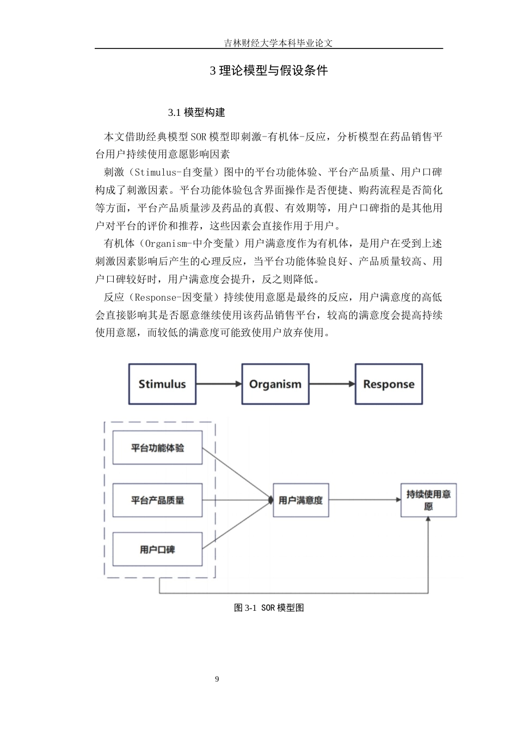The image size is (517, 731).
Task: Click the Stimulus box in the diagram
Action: click(162, 384)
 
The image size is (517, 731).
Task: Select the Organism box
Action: click(275, 384)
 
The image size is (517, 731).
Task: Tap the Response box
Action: click(389, 384)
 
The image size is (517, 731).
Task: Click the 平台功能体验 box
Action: click(157, 448)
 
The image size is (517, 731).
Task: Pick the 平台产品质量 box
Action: click(157, 500)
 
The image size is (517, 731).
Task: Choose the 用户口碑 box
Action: click(157, 549)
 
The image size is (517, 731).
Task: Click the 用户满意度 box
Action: click(300, 500)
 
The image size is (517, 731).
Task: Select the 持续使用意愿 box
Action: click(428, 500)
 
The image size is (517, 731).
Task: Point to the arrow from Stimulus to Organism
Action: click(219, 384)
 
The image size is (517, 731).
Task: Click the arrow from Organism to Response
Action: click(332, 384)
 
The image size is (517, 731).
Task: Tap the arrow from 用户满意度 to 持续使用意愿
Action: click(365, 500)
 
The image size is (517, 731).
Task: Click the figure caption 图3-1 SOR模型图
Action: click(269, 608)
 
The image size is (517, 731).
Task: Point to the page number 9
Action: click(217, 679)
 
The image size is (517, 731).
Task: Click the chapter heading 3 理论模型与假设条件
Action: click(269, 71)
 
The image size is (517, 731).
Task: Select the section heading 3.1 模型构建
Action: click(196, 113)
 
